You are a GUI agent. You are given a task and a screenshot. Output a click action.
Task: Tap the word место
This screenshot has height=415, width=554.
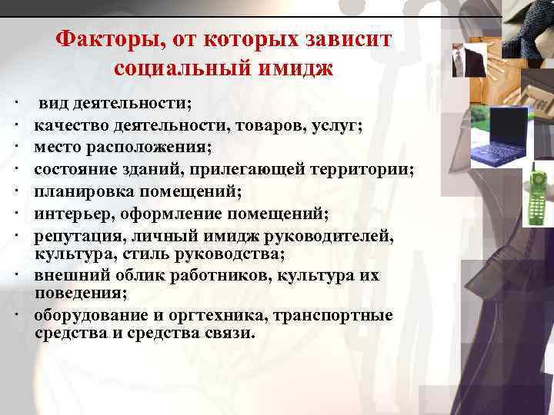(x=58, y=145)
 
